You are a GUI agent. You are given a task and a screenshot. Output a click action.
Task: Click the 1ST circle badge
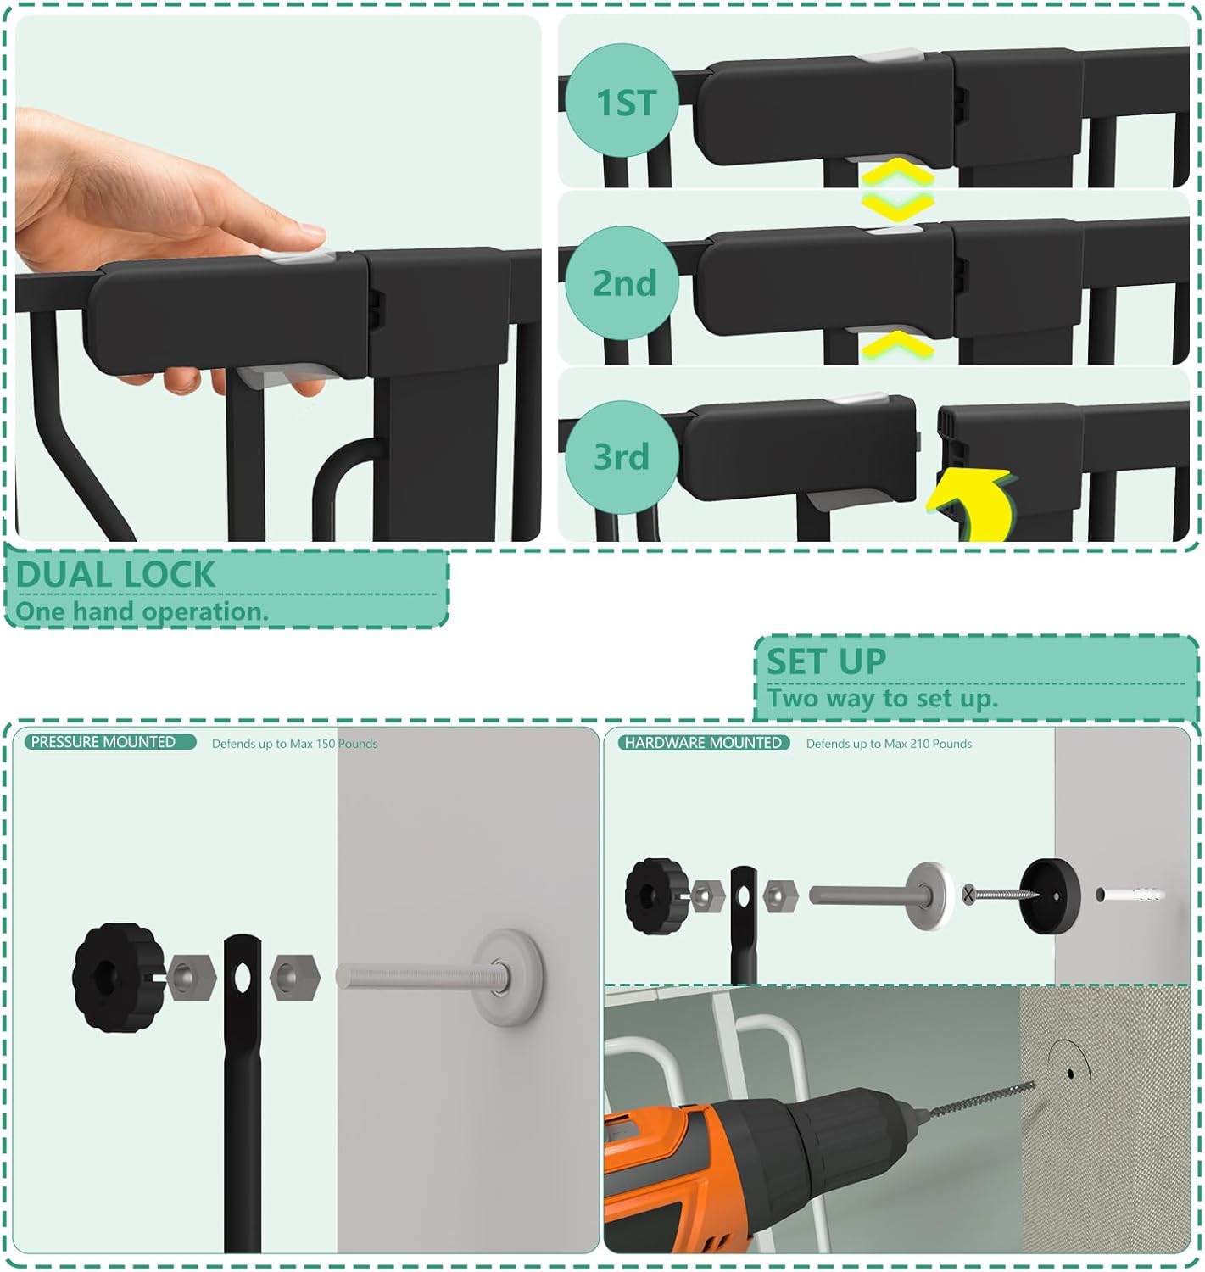(x=625, y=103)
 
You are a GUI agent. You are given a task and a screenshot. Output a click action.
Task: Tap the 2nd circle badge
(x=624, y=283)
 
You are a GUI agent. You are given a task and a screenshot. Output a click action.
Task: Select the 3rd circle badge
(x=622, y=456)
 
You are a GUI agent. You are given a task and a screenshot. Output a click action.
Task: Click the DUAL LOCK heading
(x=115, y=574)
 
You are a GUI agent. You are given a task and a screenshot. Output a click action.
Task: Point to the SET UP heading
(x=826, y=661)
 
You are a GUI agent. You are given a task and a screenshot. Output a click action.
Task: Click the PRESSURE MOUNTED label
(x=103, y=742)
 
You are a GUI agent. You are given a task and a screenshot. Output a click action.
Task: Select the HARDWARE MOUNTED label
(x=703, y=743)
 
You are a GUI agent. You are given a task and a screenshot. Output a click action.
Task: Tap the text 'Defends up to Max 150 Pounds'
(x=294, y=744)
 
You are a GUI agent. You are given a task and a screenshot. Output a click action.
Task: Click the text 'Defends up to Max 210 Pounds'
(x=889, y=744)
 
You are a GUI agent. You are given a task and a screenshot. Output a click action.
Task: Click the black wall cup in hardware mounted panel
(x=1049, y=895)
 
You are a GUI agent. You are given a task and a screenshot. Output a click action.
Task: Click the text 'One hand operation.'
(x=141, y=611)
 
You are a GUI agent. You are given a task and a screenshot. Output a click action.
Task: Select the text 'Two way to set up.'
(x=882, y=699)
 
